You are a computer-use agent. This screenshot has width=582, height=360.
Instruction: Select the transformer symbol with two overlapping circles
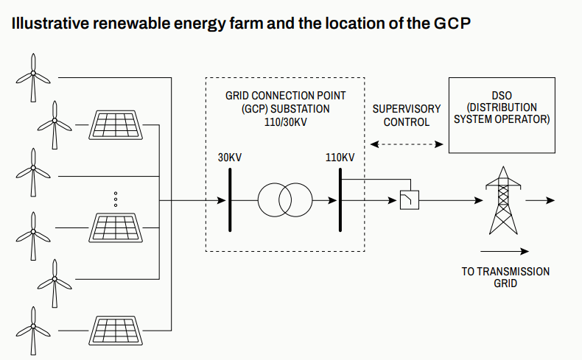pyautogui.click(x=285, y=200)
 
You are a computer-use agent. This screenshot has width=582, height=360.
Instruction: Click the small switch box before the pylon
pyautogui.click(x=409, y=200)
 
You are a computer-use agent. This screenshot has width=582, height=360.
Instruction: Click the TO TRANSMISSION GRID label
pyautogui.click(x=505, y=277)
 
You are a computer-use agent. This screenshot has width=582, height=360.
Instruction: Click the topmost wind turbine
pyautogui.click(x=33, y=77)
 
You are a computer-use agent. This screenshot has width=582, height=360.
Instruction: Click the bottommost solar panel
pyautogui.click(x=117, y=328)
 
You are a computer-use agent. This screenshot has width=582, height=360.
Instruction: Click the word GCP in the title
pyautogui.click(x=450, y=23)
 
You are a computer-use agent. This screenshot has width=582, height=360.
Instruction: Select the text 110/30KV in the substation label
pyautogui.click(x=284, y=121)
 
